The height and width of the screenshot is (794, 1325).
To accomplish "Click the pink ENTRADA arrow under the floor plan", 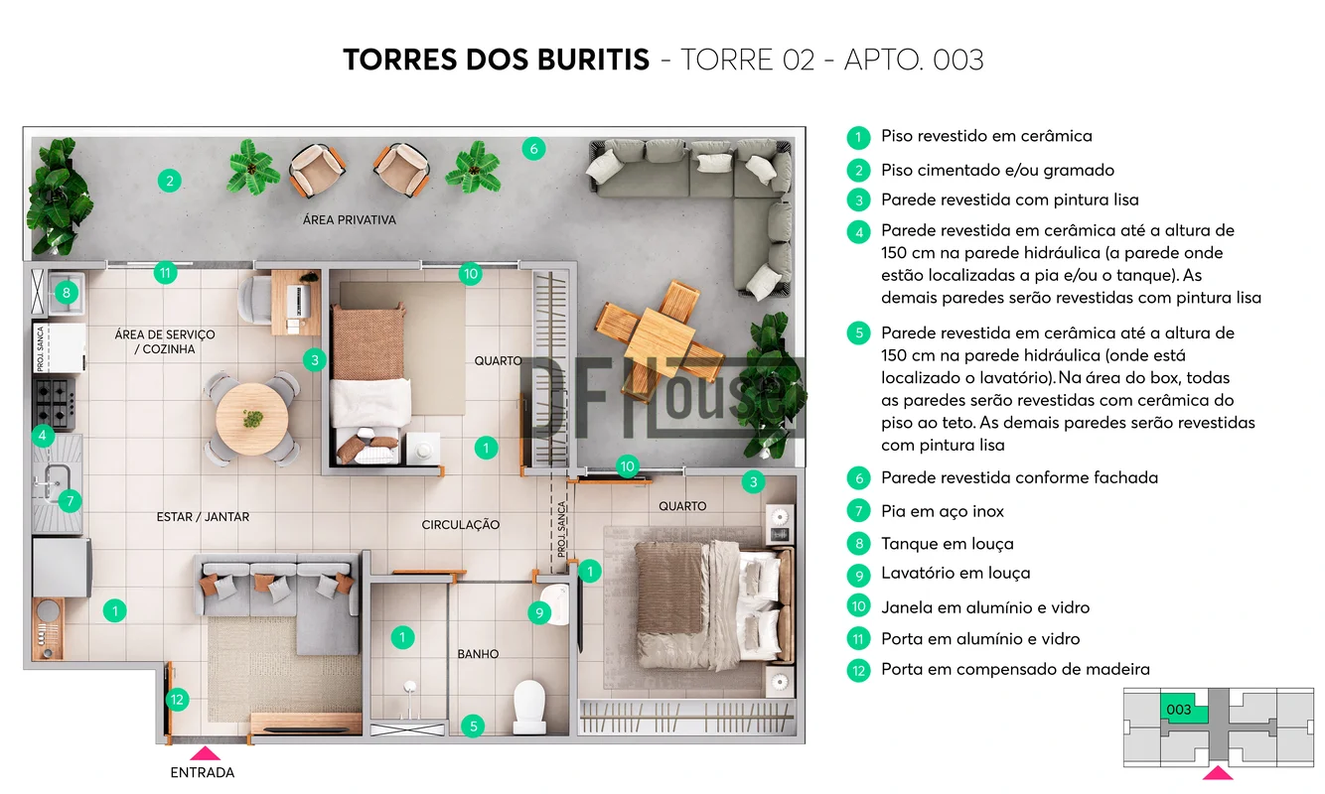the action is coord(205,753).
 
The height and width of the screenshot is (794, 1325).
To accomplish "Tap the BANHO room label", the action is coord(478,654).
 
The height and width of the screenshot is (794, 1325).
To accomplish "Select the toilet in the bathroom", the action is coord(528,707).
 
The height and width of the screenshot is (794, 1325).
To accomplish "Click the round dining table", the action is coord(252,419).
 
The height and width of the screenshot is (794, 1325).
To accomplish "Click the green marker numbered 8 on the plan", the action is coord(67,292).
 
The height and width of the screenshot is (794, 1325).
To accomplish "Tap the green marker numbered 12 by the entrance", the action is coord(177,700).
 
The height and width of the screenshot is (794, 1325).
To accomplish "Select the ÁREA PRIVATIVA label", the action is coord(349,220).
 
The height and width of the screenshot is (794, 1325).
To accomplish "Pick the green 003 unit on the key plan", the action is coord(1183,708).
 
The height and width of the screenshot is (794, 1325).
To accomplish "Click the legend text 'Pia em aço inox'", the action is coord(943,511).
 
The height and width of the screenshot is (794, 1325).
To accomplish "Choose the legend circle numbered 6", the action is coord(858,477).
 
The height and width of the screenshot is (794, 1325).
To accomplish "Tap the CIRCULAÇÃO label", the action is coord(460,524).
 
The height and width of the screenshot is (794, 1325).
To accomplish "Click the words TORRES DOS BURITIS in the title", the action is coord(497,60).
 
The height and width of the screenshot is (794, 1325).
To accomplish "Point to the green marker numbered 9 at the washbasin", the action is coord(539,613).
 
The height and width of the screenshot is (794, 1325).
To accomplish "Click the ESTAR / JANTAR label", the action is coord(203,517).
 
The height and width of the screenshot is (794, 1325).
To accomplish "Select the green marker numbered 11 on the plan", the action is coord(165,273).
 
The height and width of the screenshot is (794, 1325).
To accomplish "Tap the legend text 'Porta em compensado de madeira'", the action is coord(1016,669).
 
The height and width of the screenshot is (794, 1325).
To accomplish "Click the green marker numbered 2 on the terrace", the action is coord(169,181).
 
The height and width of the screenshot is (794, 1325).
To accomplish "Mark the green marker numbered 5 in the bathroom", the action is coord(473,726).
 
